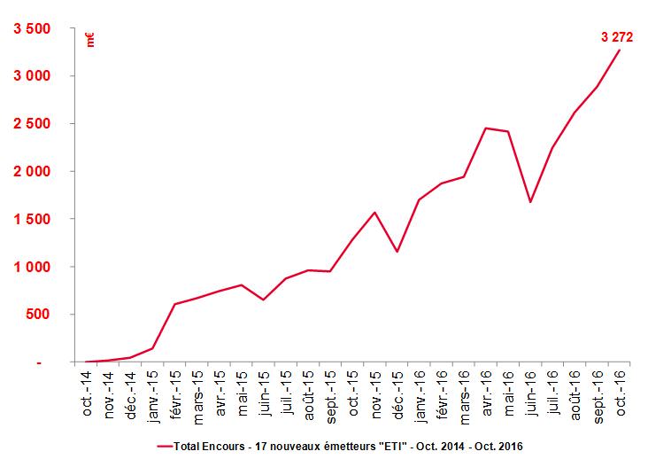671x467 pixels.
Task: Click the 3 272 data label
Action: (617, 36)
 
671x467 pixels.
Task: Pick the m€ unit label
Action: (90, 39)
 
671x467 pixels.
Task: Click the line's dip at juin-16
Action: (530, 202)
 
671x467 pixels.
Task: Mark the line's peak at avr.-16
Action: (486, 128)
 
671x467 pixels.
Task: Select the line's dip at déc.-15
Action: (397, 252)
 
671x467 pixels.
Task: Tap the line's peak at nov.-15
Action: (375, 213)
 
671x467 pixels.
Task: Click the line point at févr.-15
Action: (175, 304)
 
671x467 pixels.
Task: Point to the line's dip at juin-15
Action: (264, 300)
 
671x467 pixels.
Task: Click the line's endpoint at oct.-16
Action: (620, 50)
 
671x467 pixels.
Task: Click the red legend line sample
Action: (166, 445)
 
